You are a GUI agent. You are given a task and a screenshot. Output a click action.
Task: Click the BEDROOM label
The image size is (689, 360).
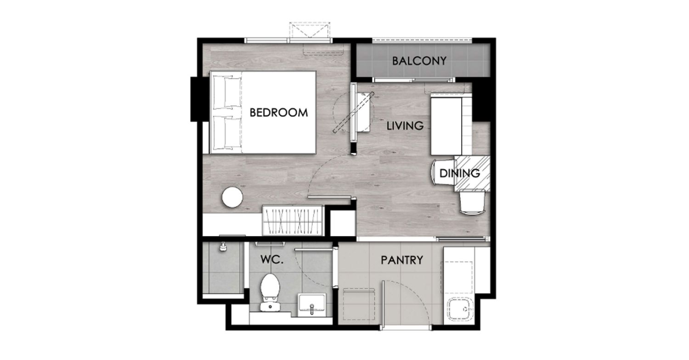pyautogui.click(x=279, y=113)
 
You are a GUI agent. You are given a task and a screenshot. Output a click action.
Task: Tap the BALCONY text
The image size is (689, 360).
pyautogui.click(x=419, y=61)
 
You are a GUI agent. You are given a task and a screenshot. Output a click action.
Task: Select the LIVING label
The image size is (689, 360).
pyautogui.click(x=405, y=126)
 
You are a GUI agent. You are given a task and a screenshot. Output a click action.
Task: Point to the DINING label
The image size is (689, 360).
pyautogui.click(x=459, y=174)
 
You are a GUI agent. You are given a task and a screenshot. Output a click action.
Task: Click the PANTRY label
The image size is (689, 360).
pyautogui.click(x=402, y=260)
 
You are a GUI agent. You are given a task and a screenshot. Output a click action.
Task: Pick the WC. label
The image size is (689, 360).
pyautogui.click(x=272, y=259)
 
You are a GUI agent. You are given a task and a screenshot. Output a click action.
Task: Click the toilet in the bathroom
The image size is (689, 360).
pyautogui.click(x=270, y=292)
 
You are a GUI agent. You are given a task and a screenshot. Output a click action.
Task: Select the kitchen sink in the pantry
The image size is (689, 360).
pyautogui.click(x=460, y=309)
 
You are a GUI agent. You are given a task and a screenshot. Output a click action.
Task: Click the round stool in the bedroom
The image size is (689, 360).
pyautogui.click(x=232, y=197)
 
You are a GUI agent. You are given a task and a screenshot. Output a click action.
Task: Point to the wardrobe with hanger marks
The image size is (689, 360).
pyautogui.click(x=293, y=220)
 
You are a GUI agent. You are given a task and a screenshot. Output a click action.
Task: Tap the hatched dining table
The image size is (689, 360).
pyautogui.click(x=472, y=174)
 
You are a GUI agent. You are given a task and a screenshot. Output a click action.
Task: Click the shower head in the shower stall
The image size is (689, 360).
pyautogui.click(x=223, y=247)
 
